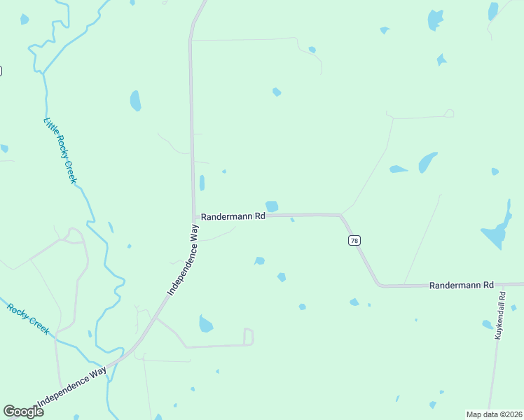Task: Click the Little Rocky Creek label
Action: [60, 150]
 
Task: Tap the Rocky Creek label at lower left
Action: [29, 318]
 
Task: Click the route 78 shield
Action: [354, 240]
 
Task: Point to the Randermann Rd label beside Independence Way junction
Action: [233, 217]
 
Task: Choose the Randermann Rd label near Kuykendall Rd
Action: [462, 286]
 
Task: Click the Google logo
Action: [23, 412]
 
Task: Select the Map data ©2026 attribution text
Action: [494, 414]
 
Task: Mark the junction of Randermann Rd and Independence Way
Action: [194, 217]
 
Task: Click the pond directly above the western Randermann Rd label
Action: [272, 206]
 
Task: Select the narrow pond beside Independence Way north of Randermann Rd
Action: [202, 183]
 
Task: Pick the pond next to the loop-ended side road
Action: [205, 324]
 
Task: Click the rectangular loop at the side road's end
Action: [248, 337]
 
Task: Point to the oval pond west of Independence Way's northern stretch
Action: [135, 101]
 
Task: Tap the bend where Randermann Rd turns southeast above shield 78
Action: [341, 216]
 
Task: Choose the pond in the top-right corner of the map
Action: [493, 10]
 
